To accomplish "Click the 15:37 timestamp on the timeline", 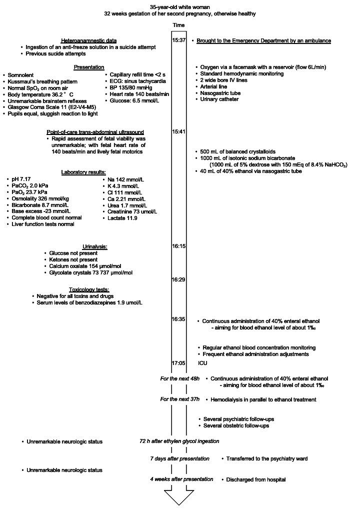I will (x=179, y=40).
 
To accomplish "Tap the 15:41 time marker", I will (x=179, y=131).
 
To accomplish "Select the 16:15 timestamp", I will (x=179, y=246).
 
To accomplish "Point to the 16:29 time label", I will (x=179, y=279).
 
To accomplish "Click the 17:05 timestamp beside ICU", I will (x=179, y=363).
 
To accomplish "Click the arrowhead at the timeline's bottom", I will (x=179, y=498).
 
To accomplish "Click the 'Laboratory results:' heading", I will (x=83, y=172).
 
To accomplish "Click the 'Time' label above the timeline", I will (x=179, y=25).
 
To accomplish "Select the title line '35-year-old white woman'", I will (x=179, y=7).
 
